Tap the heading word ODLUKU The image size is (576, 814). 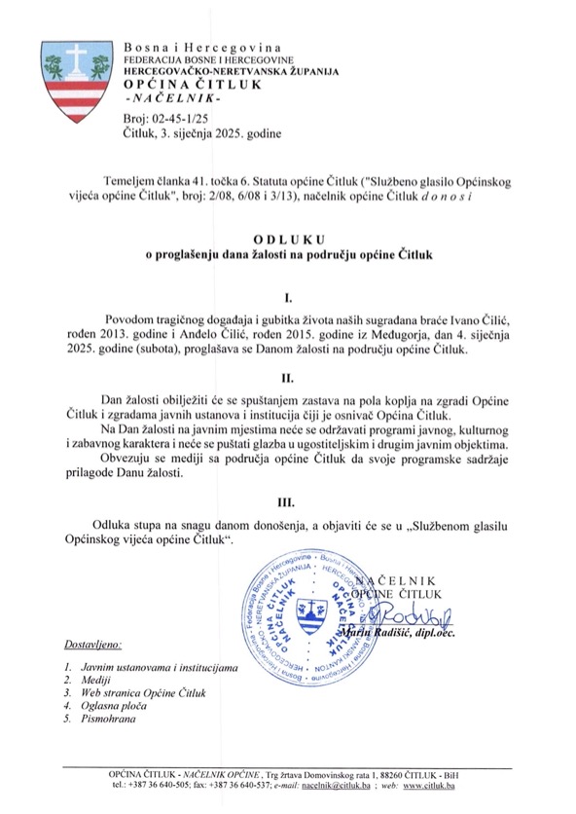(x=288, y=237)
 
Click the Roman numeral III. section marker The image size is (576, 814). (x=288, y=504)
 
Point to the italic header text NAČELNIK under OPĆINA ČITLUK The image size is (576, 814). (x=173, y=100)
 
